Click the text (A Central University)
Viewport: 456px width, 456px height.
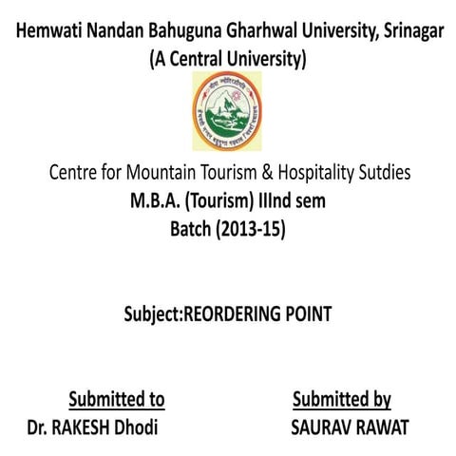click(x=228, y=61)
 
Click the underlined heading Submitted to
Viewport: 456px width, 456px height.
click(x=117, y=398)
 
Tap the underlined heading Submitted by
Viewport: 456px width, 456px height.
click(x=342, y=398)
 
